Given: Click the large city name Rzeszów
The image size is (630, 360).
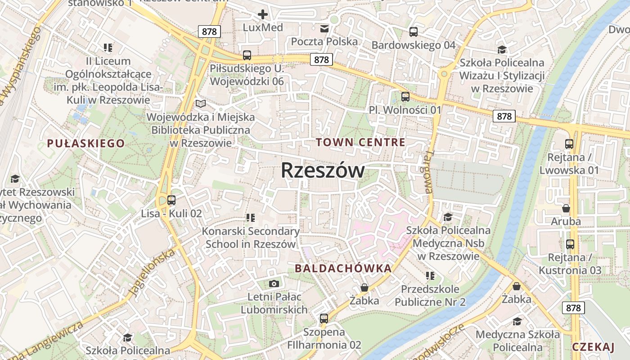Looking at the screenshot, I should tap(323, 171).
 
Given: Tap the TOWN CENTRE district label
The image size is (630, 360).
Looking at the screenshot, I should tap(360, 143).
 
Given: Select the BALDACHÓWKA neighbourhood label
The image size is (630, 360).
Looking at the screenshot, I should tap(343, 269).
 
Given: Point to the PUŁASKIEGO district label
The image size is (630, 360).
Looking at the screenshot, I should tap(86, 144).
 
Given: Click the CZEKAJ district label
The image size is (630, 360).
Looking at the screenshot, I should tap(593, 347).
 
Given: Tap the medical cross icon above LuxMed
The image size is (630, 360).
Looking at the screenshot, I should tap(263, 14).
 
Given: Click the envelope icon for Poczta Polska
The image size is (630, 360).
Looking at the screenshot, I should tap(324, 29).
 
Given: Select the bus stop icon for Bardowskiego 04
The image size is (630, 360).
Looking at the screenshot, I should tap(413, 32).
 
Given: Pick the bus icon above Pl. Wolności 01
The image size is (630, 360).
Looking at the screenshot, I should tap(405, 96).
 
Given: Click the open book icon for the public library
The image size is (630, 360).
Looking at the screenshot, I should tap(201, 104).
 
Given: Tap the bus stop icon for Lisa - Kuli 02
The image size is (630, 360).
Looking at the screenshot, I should tap(171, 200).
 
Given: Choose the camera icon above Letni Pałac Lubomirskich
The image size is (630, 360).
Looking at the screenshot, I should tap(274, 283).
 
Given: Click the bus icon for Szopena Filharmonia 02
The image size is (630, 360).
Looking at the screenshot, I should tap(324, 319).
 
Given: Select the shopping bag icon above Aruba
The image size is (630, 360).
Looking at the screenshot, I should tap(566, 208).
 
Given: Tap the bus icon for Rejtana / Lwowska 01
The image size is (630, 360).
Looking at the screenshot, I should tap(569, 144).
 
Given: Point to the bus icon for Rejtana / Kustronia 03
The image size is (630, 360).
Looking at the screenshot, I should tap(570, 244).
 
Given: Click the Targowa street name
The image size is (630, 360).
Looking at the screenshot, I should tap(428, 171).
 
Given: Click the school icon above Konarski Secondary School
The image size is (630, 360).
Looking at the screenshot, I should tap(250, 218).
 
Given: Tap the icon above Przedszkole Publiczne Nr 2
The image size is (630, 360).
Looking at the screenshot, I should tap(430, 275).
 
